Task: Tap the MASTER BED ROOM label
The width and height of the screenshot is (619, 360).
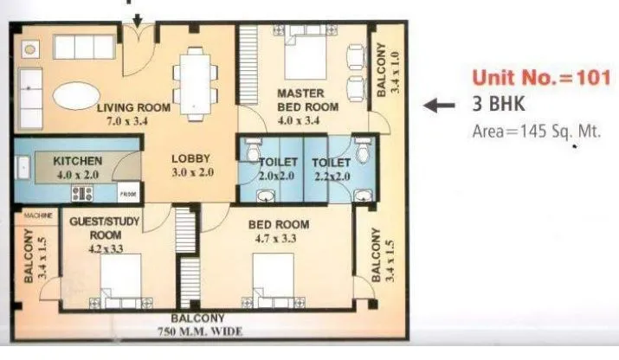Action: (x=300, y=100)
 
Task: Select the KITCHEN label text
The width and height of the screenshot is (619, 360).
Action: (x=78, y=161)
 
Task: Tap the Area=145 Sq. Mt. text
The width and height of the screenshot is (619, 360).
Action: (x=536, y=132)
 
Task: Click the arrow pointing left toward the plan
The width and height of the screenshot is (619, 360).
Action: (x=441, y=106)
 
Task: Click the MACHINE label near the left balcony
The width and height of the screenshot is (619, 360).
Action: (x=37, y=215)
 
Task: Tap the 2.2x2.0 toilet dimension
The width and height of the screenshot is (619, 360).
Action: (x=331, y=176)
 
